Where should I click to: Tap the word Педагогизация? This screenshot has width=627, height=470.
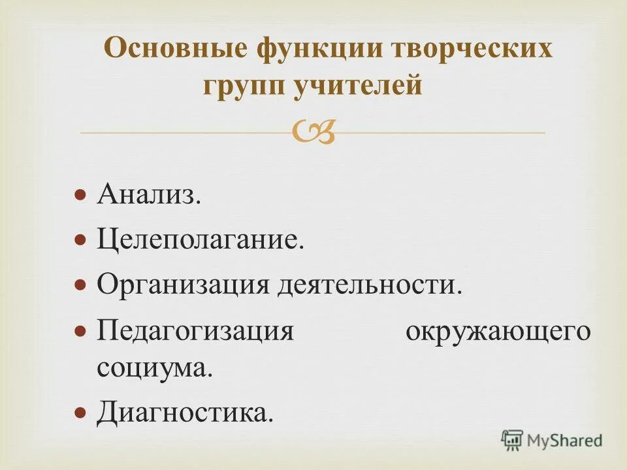coord(195,331)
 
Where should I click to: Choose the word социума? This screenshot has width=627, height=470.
coord(155,368)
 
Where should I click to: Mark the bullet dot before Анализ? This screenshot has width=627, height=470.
coord(80,195)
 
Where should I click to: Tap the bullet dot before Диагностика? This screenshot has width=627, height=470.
coord(80,413)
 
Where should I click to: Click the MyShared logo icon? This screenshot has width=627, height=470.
coord(513,440)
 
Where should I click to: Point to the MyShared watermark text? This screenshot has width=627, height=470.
coord(565,441)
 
